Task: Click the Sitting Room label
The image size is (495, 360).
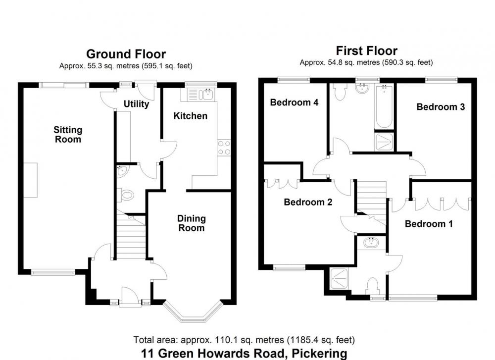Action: [68, 135]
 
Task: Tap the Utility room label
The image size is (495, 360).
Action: [137, 104]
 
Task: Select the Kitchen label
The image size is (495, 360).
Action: [191, 116]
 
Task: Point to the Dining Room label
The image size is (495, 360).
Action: [191, 223]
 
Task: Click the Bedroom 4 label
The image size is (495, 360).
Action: [294, 103]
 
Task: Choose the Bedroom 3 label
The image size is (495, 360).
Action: [441, 107]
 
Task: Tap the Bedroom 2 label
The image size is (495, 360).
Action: [308, 202]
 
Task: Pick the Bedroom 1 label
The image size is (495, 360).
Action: [429, 224]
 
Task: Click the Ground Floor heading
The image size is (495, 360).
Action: [126, 54]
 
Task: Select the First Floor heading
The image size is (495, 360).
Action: [366, 51]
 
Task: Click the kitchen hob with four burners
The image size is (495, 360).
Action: [224, 148]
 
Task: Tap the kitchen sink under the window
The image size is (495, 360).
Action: [208, 94]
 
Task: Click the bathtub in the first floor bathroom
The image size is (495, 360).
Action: [384, 107]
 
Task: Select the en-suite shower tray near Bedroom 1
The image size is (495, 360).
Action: [339, 279]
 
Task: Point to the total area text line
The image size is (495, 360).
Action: [244, 340]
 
